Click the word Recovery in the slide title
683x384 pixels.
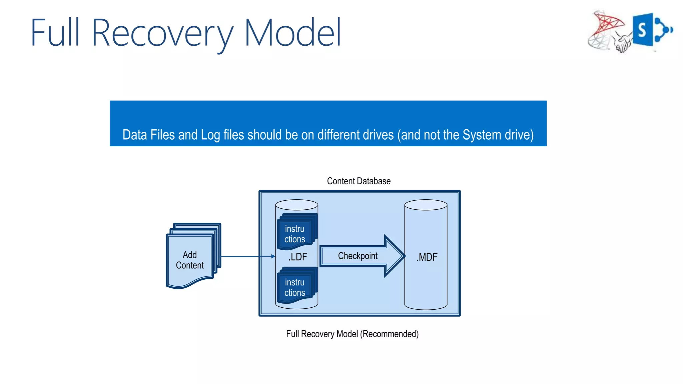click(162, 33)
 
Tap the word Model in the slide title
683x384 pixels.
click(292, 33)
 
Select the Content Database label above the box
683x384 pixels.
click(359, 181)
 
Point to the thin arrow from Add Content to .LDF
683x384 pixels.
click(247, 256)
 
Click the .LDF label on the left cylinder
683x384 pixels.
click(297, 257)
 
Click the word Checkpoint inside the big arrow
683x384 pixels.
click(358, 256)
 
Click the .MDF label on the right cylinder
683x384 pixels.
click(427, 257)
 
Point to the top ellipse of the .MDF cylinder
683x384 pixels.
click(426, 205)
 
